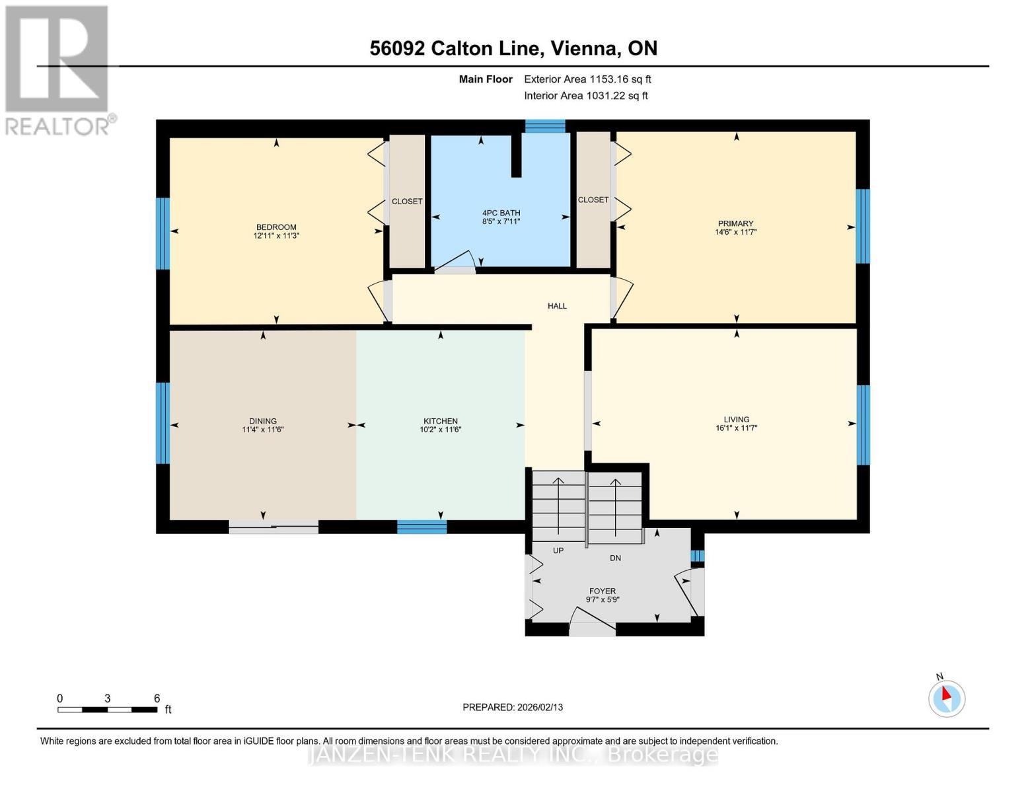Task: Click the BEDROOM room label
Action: pyautogui.click(x=276, y=227)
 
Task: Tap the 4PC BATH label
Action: pyautogui.click(x=501, y=213)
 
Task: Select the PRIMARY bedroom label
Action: pyautogui.click(x=735, y=223)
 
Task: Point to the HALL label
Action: pyautogui.click(x=557, y=306)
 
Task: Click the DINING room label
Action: pyautogui.click(x=263, y=422)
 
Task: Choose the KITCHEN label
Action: pyautogui.click(x=441, y=422)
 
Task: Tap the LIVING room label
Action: pyautogui.click(x=737, y=420)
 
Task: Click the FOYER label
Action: pyautogui.click(x=603, y=591)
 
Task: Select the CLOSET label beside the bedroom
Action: pyautogui.click(x=407, y=202)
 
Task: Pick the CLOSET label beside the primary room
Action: pyautogui.click(x=593, y=200)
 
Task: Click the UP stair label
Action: pyautogui.click(x=558, y=550)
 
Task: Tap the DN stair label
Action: pyautogui.click(x=615, y=558)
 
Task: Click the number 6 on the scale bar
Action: pyautogui.click(x=157, y=698)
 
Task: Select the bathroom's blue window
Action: pyautogui.click(x=545, y=126)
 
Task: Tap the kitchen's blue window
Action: pyautogui.click(x=421, y=527)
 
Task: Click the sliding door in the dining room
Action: pyautogui.click(x=274, y=527)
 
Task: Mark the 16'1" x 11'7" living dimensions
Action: pyautogui.click(x=737, y=428)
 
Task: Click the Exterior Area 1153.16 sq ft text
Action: pyautogui.click(x=587, y=79)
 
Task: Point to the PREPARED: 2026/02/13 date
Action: pyautogui.click(x=513, y=708)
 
